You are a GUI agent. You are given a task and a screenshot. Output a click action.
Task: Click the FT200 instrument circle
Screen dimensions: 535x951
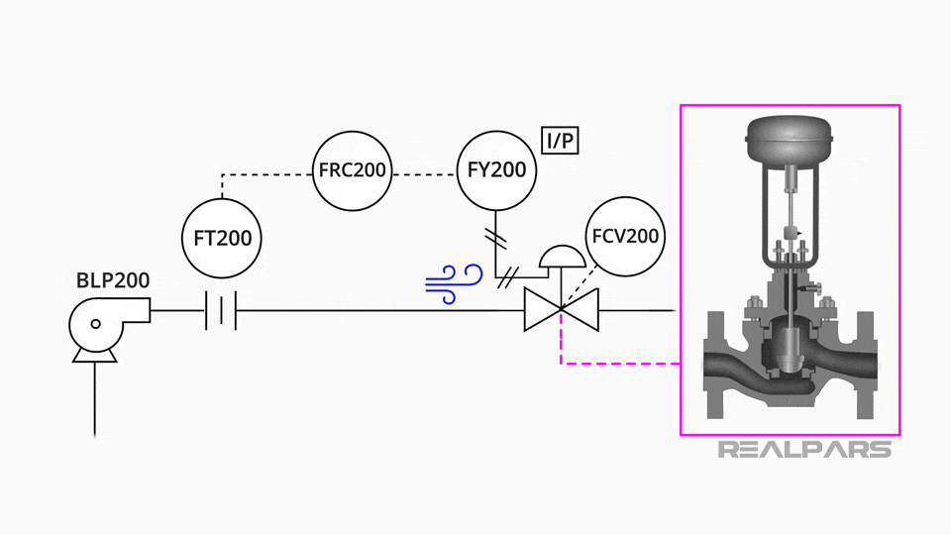[223, 238]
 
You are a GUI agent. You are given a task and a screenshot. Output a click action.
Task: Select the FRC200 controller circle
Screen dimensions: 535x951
[352, 170]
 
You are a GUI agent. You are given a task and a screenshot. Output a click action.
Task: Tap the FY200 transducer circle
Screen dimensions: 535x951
[495, 170]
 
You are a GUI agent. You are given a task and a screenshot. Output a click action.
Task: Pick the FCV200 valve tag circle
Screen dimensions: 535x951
[625, 238]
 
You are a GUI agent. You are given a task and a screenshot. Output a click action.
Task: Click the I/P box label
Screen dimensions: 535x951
[560, 142]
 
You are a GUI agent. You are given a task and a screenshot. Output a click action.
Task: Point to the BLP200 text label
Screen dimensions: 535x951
[113, 280]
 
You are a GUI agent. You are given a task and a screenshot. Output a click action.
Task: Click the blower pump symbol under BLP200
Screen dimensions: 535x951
[99, 325]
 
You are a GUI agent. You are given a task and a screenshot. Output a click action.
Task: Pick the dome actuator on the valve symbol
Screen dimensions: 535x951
[560, 257]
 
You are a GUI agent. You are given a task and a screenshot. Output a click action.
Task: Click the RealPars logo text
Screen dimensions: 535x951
[803, 450]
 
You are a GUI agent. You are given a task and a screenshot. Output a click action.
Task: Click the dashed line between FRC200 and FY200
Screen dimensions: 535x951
[423, 174]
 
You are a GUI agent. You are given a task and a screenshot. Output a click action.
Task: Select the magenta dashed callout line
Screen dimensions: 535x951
[614, 364]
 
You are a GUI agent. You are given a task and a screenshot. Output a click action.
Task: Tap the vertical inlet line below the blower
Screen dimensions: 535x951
[95, 401]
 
